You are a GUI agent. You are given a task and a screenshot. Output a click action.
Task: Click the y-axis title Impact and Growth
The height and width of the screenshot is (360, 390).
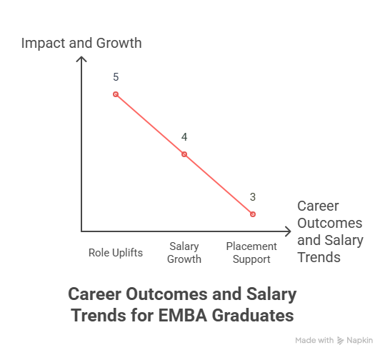click(81, 43)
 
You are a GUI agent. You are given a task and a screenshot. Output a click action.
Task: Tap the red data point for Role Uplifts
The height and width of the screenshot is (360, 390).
click(116, 94)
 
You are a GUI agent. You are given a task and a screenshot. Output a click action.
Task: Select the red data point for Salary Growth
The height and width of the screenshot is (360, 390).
click(184, 154)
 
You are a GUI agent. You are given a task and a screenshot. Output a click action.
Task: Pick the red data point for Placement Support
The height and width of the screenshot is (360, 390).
click(253, 214)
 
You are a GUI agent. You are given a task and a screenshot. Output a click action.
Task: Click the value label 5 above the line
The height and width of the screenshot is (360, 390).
click(116, 76)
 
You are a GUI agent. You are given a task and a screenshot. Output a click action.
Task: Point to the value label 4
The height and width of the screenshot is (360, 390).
click(184, 136)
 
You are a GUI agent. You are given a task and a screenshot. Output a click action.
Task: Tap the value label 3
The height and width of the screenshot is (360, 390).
click(253, 196)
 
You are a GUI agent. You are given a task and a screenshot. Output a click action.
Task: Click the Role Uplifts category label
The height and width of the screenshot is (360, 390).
click(116, 253)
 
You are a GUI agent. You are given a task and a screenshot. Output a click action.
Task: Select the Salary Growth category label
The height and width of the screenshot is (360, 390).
click(184, 252)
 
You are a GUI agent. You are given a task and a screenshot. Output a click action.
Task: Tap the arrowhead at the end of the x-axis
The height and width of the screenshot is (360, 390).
click(287, 231)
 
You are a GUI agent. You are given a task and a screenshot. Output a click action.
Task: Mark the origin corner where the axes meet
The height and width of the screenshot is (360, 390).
click(81, 231)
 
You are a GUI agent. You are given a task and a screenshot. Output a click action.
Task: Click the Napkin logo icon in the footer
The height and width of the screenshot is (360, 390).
click(341, 341)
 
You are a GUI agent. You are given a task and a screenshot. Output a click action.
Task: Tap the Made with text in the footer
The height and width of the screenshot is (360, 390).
click(314, 341)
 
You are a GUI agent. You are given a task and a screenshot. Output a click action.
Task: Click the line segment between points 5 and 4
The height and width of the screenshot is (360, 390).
click(150, 124)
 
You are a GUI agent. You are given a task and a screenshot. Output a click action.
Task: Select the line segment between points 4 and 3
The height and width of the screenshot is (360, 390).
click(219, 184)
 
